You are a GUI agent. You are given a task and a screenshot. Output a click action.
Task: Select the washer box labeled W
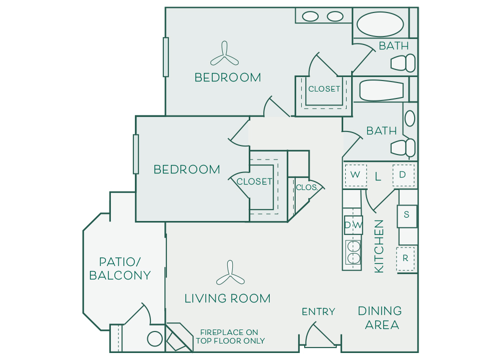coord(356,175)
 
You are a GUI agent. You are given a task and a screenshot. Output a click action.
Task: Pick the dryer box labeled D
coord(403,175)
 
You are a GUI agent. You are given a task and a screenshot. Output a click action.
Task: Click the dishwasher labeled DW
coord(353,225)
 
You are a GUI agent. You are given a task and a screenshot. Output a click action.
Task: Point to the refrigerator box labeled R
coord(406,259)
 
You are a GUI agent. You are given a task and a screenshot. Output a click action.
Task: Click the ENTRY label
coord(318,312)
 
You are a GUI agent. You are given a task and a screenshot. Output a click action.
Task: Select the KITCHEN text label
coord(379,246)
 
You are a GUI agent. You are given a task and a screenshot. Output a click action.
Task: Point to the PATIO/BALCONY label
coord(120,268)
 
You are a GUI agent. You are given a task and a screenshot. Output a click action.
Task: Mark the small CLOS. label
coord(307,187)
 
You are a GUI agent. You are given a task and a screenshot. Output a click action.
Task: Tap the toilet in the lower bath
coord(403,147)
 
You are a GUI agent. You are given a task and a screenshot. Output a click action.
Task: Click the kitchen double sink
coord(354,251)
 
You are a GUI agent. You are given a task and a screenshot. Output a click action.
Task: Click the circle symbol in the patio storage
coord(155,339)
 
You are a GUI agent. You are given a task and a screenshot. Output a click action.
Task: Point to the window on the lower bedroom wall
coord(136,154)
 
